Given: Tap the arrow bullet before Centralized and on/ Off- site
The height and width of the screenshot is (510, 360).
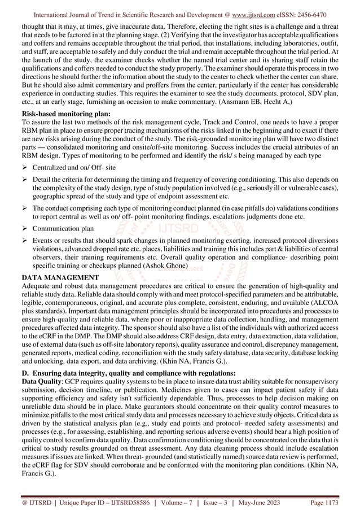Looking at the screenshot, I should pos(24,168).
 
